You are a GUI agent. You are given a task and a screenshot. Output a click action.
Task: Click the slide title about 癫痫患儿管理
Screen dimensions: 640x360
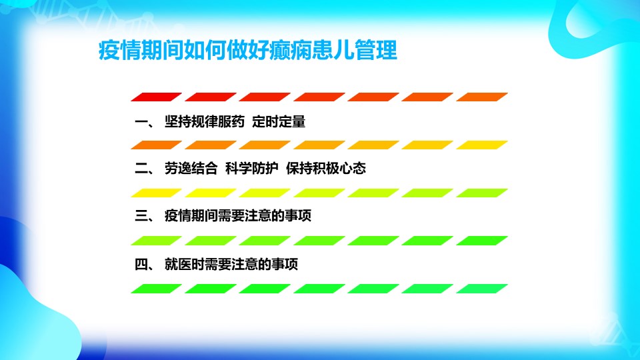248,50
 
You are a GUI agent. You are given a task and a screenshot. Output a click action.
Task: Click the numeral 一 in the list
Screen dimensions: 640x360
141,122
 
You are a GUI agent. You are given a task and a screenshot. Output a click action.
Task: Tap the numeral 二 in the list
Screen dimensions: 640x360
141,169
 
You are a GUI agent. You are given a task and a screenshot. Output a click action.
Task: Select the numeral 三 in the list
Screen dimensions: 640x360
141,215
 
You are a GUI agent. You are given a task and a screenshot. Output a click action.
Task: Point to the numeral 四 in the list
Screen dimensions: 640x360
141,264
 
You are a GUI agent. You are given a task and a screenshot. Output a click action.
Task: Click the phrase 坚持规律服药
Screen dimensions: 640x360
205,121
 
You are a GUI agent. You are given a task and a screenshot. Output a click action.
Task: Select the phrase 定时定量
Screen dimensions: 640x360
279,121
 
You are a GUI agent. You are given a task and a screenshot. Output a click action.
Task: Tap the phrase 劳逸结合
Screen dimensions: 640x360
191,168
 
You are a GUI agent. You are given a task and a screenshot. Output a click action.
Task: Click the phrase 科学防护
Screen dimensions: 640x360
252,168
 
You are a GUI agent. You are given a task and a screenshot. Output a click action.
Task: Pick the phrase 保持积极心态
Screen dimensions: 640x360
326,168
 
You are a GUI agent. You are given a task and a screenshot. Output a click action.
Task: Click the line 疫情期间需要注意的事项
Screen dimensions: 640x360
238,215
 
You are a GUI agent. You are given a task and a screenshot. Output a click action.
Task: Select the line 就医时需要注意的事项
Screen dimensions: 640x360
231,264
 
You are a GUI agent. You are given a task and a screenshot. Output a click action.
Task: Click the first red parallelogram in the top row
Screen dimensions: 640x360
156,97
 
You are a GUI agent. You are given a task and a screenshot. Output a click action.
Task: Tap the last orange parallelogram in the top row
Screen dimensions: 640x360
482,97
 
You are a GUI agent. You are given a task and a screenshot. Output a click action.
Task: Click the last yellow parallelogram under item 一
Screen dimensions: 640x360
482,145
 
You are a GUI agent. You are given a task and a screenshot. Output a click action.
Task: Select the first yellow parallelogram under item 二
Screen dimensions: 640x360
156,193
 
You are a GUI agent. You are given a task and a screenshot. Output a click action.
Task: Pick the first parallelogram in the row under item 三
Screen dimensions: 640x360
156,241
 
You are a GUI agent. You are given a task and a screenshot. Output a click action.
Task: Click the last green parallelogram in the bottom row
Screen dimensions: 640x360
482,289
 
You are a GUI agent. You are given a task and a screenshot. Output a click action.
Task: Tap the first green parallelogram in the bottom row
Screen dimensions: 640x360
156,289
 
